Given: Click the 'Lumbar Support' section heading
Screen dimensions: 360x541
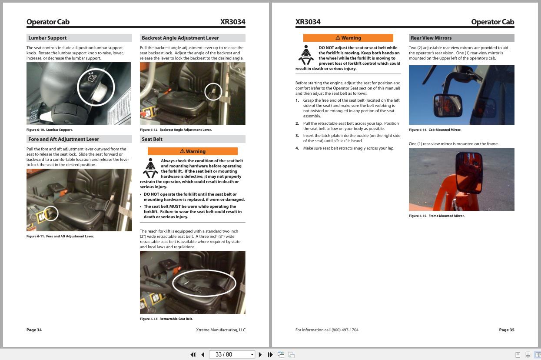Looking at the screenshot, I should pyautogui.click(x=47, y=38).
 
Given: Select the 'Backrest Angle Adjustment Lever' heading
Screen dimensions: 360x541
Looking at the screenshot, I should pyautogui.click(x=180, y=38).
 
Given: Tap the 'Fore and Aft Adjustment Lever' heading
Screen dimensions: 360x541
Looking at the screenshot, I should pyautogui.click(x=63, y=139).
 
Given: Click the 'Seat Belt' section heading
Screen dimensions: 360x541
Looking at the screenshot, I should pyautogui.click(x=152, y=139).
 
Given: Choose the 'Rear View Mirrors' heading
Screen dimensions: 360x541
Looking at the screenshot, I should pyautogui.click(x=431, y=38).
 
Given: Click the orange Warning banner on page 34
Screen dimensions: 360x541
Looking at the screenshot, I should pyautogui.click(x=193, y=151).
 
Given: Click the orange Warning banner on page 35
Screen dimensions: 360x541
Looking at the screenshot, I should pyautogui.click(x=348, y=38).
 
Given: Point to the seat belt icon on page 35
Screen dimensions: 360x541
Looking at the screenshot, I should pyautogui.click(x=306, y=55).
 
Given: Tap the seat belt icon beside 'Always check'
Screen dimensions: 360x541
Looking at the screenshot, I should pyautogui.click(x=150, y=168).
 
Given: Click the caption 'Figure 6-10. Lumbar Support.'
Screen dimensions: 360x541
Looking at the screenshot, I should pyautogui.click(x=50, y=130).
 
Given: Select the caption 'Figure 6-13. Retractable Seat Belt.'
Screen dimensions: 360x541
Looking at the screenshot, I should pyautogui.click(x=166, y=319).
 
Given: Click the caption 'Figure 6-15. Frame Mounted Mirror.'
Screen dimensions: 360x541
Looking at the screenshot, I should pyautogui.click(x=436, y=216).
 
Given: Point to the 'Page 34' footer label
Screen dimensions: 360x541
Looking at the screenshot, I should pyautogui.click(x=34, y=330).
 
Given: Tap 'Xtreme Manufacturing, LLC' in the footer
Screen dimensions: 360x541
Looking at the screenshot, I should pyautogui.click(x=220, y=330).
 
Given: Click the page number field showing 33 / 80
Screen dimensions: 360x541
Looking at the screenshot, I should pyautogui.click(x=229, y=355).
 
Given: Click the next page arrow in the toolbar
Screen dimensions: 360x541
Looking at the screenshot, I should pyautogui.click(x=260, y=355).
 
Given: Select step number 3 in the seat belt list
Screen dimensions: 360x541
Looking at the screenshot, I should pyautogui.click(x=297, y=136).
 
